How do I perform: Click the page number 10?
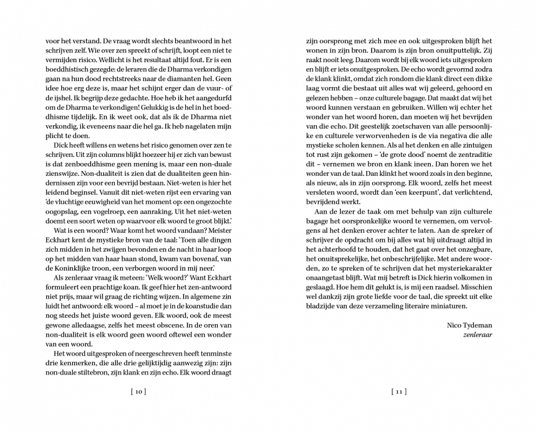click(139, 391)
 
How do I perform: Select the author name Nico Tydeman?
click(469, 325)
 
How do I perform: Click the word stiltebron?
click(94, 373)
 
